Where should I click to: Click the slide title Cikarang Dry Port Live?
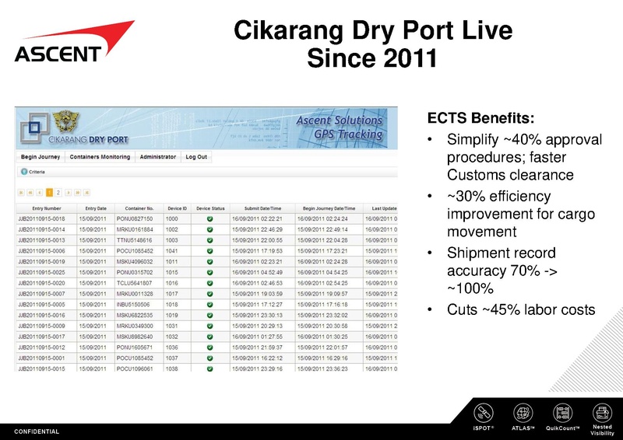[x=373, y=31]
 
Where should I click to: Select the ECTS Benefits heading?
[x=480, y=119]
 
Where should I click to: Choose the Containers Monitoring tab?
[x=100, y=157]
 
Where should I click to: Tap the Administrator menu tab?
[x=157, y=157]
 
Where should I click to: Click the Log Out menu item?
[x=196, y=157]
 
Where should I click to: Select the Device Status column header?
[x=210, y=208]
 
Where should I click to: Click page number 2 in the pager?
[x=59, y=191]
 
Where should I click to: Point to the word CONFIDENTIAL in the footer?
[x=37, y=431]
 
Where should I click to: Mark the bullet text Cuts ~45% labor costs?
[x=520, y=310]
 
